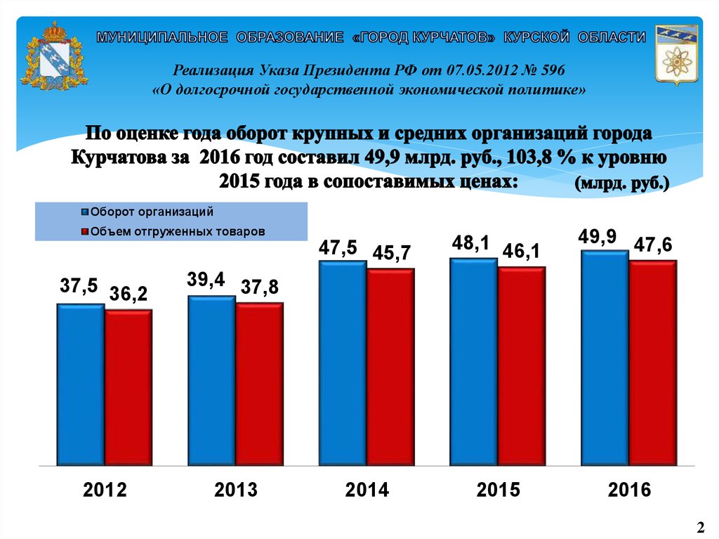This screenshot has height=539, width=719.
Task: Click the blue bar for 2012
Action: click(81, 384)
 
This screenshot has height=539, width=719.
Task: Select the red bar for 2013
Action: click(259, 384)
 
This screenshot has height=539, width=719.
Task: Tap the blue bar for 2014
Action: click(343, 363)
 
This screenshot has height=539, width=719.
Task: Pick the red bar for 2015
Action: click(522, 366)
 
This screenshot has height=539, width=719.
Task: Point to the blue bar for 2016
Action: click(605, 358)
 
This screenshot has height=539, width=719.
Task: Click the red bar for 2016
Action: click(653, 363)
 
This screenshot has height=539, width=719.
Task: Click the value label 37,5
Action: click(79, 287)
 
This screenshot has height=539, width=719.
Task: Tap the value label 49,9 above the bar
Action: click(598, 237)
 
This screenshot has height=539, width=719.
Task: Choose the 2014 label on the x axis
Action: click(367, 490)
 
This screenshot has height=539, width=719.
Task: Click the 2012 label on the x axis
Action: click(105, 490)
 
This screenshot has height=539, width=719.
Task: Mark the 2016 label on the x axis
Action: click(630, 490)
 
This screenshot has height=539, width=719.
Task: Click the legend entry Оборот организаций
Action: click(152, 212)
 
